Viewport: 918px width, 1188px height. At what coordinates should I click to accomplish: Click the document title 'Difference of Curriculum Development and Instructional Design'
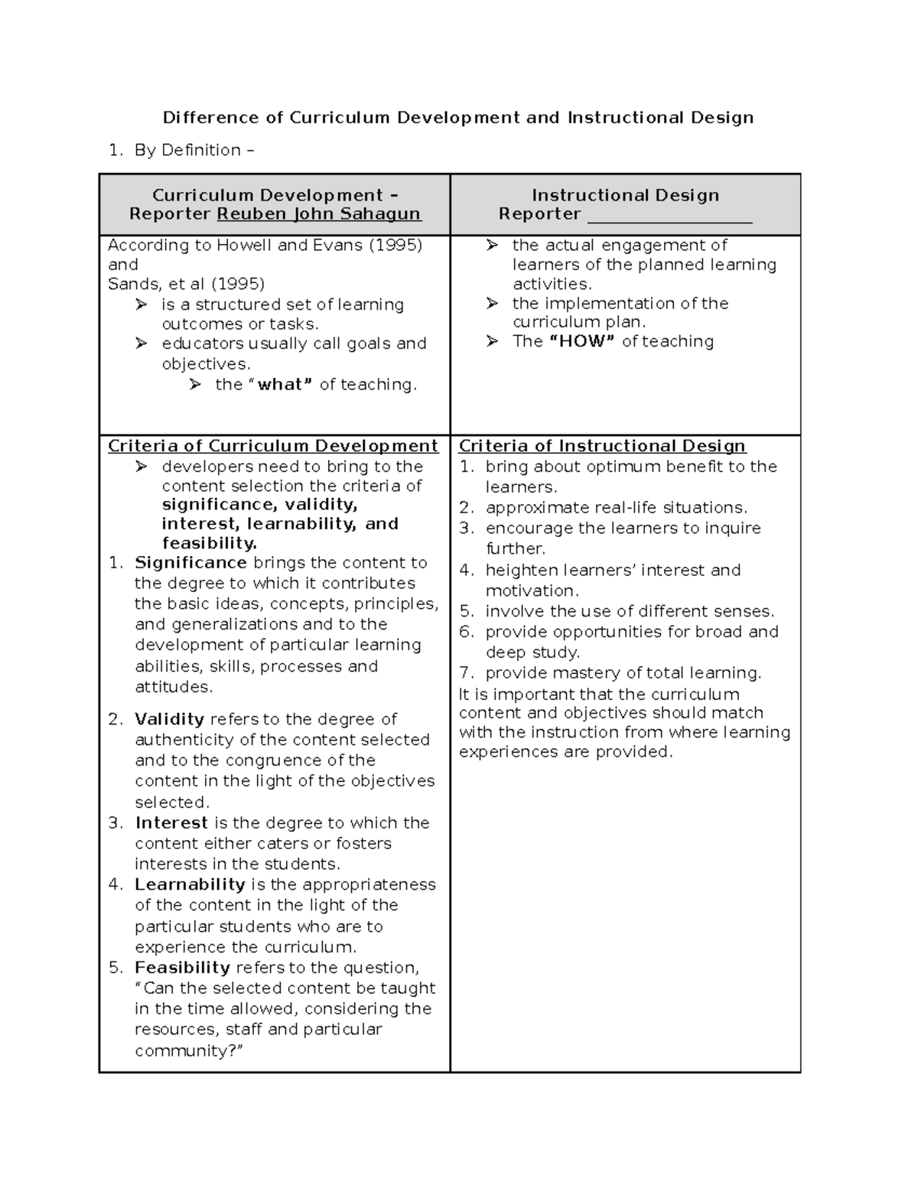(x=457, y=118)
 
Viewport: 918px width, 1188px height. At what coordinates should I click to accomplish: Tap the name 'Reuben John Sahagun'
(x=319, y=214)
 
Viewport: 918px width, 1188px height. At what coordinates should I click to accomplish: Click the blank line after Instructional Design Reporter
(x=669, y=216)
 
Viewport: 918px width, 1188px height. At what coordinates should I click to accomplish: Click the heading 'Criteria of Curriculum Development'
(x=273, y=447)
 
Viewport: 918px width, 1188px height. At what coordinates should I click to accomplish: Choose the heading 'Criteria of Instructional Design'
(x=602, y=447)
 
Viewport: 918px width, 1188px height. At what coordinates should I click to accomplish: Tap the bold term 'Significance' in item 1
(x=190, y=563)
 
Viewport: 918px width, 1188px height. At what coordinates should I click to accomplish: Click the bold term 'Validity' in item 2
(x=169, y=719)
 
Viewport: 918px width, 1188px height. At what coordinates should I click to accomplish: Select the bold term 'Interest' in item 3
(x=171, y=823)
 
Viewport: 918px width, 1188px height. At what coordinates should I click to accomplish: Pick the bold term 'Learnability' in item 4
(x=190, y=885)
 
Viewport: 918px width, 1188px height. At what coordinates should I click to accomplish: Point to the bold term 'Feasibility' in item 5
(x=182, y=968)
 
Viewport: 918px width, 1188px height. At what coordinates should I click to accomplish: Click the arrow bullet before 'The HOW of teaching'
(x=492, y=342)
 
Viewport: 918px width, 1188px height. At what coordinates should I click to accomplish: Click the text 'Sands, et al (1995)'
(x=186, y=285)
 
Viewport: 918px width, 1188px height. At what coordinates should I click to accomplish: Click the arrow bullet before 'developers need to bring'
(x=141, y=467)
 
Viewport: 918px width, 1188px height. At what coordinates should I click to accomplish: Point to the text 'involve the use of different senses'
(x=630, y=612)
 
